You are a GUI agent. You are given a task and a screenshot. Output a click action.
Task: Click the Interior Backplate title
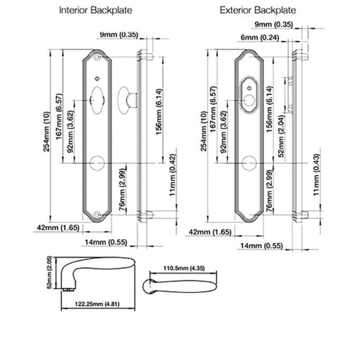point(96,10)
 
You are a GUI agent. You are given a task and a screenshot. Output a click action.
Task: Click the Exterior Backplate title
point(258,10)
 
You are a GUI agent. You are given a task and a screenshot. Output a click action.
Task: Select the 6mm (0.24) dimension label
point(260,37)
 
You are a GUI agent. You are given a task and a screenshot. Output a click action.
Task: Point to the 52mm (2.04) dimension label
point(281,136)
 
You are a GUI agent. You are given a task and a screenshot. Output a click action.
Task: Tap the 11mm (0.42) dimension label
point(173,175)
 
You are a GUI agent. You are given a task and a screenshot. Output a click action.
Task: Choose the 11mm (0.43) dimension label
point(317,175)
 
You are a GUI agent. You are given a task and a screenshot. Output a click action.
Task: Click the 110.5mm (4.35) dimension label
point(184,268)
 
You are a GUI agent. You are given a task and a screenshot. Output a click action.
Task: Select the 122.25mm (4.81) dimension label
point(97,304)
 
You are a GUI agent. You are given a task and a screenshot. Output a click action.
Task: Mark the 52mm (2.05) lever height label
point(49,272)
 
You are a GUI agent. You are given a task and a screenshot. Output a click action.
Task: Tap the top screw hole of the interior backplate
point(97,57)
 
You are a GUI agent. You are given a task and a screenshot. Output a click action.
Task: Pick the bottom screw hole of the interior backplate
point(97,215)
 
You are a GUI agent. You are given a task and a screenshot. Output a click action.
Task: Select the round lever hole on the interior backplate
point(97,163)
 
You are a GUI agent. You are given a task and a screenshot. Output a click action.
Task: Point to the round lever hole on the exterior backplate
point(249,163)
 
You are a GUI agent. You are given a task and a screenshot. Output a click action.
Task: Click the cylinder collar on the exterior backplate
point(249,94)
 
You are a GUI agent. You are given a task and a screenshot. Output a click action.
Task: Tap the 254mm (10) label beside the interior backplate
point(47,131)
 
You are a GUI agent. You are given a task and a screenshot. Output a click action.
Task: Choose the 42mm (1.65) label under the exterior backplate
point(210,232)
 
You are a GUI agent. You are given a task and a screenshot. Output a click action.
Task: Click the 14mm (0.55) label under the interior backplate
point(106,242)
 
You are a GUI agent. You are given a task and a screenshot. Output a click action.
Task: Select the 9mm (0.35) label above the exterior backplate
point(274,24)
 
